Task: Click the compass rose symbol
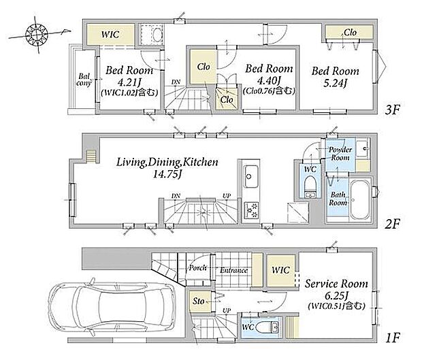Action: click(x=36, y=35)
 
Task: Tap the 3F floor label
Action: click(x=393, y=110)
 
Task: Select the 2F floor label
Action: click(x=393, y=224)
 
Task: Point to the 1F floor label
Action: click(x=393, y=338)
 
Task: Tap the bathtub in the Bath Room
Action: click(x=360, y=199)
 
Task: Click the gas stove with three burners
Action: click(x=251, y=210)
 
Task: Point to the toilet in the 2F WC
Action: click(x=310, y=188)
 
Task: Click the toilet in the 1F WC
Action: click(x=267, y=327)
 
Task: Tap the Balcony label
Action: click(x=84, y=80)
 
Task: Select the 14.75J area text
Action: click(x=167, y=175)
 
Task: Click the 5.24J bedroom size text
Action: click(x=335, y=84)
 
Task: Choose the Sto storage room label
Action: click(x=198, y=301)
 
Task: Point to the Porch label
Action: click(x=198, y=267)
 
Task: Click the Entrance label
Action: click(x=233, y=270)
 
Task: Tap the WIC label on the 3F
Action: click(x=110, y=35)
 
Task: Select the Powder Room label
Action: click(x=340, y=154)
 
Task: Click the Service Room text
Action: click(x=336, y=284)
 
